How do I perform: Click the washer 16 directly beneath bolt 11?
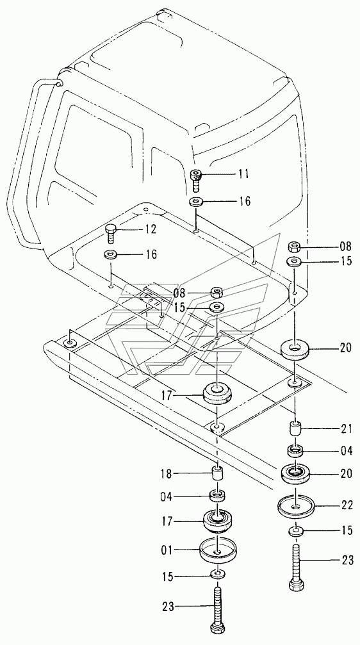(x=197, y=202)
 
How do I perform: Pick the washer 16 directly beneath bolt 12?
(x=111, y=254)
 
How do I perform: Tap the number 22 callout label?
(x=346, y=505)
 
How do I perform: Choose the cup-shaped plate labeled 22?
(x=295, y=506)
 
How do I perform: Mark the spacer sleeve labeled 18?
(x=217, y=474)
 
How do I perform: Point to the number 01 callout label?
(x=167, y=549)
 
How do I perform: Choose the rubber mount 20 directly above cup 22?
(x=295, y=474)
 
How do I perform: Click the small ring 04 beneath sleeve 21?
(x=295, y=450)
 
